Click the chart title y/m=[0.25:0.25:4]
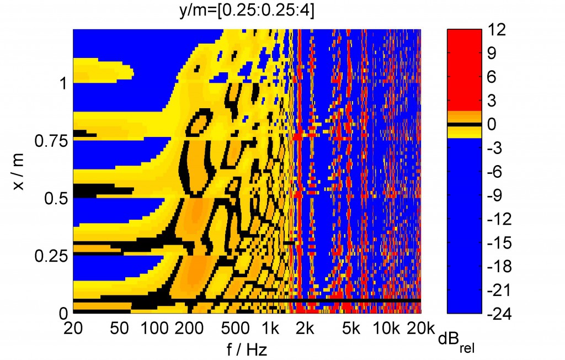(247, 10)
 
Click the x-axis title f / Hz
(247, 349)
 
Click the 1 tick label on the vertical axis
(62, 83)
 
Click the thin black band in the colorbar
(463, 125)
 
